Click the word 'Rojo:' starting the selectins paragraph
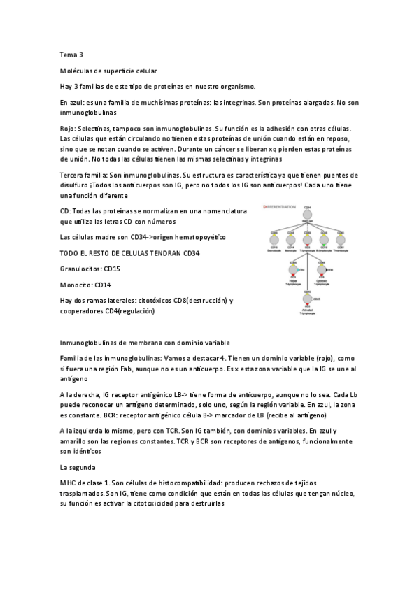point(69,129)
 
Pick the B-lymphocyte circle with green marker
point(323,239)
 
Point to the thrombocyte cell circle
point(341,239)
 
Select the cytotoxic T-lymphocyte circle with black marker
point(322,269)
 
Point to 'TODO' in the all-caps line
point(71,253)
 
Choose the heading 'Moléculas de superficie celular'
point(108,71)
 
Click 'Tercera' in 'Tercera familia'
point(74,175)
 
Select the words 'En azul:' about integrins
point(73,103)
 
